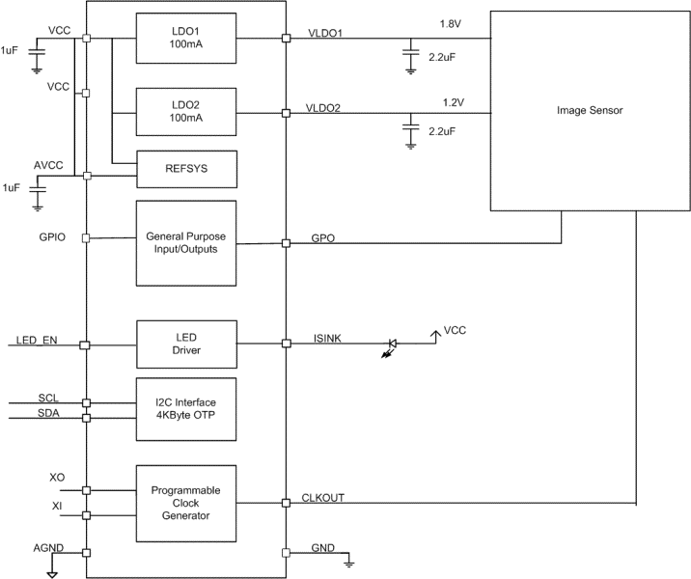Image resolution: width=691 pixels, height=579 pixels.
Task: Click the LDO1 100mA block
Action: (186, 40)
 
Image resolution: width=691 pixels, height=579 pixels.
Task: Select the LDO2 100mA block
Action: (186, 112)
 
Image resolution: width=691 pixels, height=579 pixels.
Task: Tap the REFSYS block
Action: (186, 170)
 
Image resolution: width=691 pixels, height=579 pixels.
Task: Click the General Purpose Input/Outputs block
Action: (186, 243)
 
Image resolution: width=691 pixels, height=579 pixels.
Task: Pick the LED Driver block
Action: (186, 344)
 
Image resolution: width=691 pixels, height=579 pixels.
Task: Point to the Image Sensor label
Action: (590, 111)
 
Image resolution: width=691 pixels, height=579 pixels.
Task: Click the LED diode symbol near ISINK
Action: (393, 344)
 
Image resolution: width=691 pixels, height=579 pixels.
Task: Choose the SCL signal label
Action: (48, 397)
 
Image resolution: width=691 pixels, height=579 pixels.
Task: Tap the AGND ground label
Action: (48, 547)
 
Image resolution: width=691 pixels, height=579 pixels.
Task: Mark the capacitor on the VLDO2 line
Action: (411, 126)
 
